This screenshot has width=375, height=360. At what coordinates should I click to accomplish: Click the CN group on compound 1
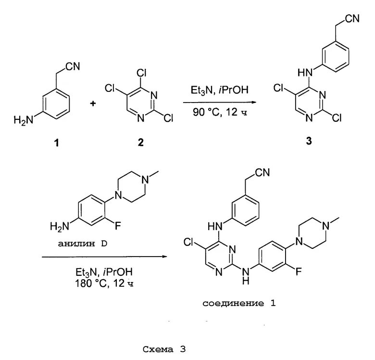pos(73,67)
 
